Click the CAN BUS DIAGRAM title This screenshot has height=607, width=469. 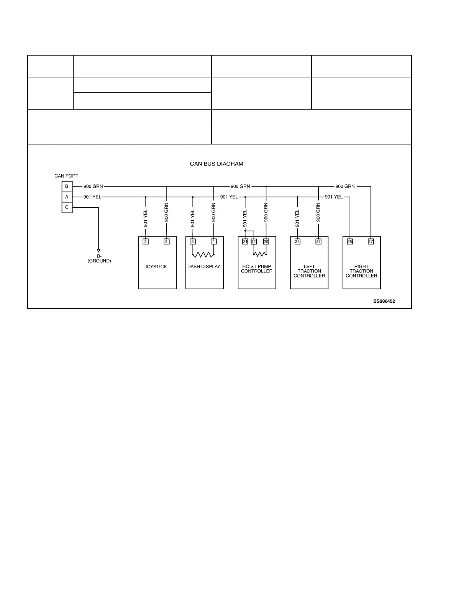(x=216, y=164)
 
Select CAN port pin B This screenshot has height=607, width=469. (x=67, y=187)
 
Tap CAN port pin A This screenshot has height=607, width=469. (x=67, y=197)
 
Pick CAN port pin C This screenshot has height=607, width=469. (x=67, y=207)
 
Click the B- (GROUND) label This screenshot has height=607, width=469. (x=99, y=258)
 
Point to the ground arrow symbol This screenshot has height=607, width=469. (x=98, y=251)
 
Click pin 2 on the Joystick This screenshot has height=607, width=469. (x=166, y=241)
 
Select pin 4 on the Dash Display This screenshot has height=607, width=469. (x=213, y=241)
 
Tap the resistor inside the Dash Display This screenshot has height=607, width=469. (x=203, y=254)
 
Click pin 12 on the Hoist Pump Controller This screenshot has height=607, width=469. (x=254, y=241)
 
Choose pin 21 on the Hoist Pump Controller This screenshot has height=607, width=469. (x=245, y=241)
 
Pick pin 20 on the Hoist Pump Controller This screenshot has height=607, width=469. (x=266, y=241)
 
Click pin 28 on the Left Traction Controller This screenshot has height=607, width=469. (x=297, y=241)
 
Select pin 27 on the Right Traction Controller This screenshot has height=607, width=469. (x=371, y=241)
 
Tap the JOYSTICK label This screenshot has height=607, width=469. (x=156, y=267)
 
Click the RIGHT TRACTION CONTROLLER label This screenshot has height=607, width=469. (x=361, y=271)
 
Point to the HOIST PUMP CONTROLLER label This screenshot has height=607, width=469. (x=257, y=269)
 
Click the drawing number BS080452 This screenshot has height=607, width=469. (x=384, y=301)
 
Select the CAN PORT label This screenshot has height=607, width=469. (x=66, y=176)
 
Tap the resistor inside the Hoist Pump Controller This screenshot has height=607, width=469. (x=260, y=254)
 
